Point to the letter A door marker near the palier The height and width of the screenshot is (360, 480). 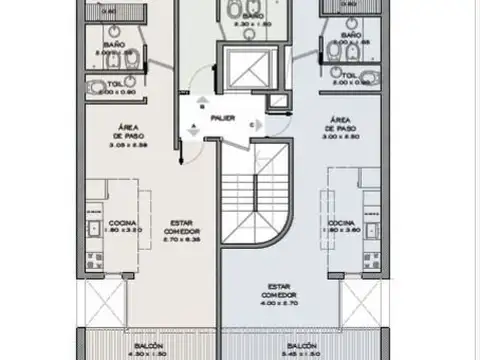point(193,125)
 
